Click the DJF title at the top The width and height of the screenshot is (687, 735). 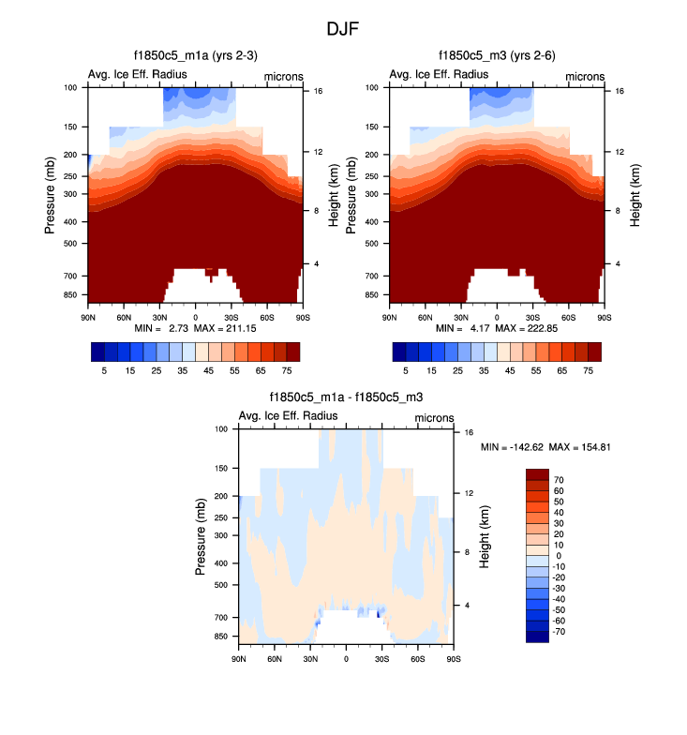coord(342,29)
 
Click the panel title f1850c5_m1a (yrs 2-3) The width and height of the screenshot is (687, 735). coord(196,56)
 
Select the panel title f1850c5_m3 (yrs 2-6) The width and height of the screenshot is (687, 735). coord(497,56)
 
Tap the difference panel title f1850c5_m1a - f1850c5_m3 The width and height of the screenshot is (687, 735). coord(346,397)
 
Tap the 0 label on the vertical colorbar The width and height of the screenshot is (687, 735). coord(558,556)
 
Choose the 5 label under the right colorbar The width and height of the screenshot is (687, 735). coord(406,371)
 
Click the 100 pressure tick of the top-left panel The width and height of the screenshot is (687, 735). coord(70,88)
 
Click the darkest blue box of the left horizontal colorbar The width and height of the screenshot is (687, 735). coord(97,352)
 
